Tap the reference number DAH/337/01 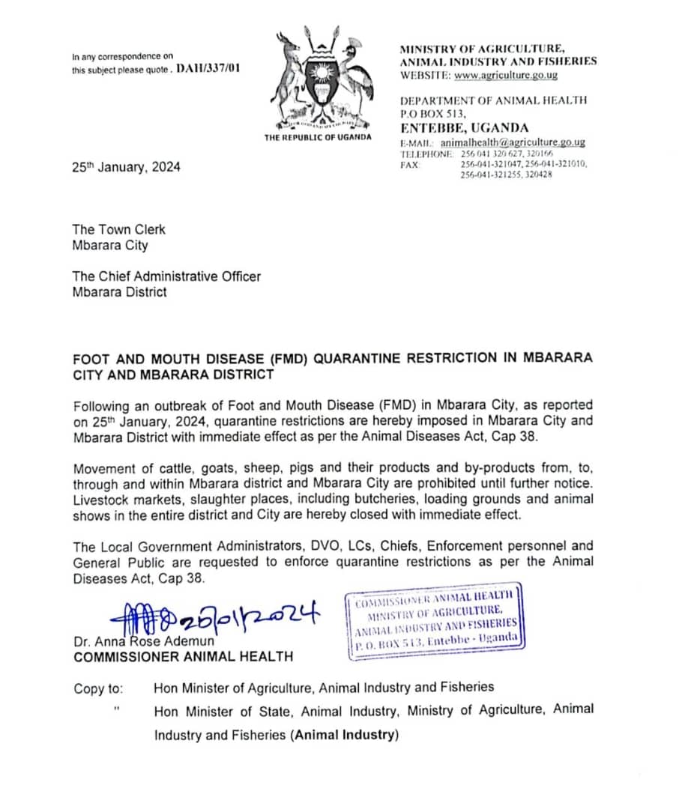coord(208,69)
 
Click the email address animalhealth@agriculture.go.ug coord(513,142)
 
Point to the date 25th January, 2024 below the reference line coord(126,167)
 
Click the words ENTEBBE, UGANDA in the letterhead coord(464,128)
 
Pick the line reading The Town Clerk coord(118,230)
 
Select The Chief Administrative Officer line coord(166,276)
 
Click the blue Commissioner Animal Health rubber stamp coord(435,622)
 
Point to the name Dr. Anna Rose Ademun coord(143,641)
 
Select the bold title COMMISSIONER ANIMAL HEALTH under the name coord(183,657)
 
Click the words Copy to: coord(99,687)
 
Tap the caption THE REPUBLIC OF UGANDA coord(317,138)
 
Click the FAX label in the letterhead coord(410,163)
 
